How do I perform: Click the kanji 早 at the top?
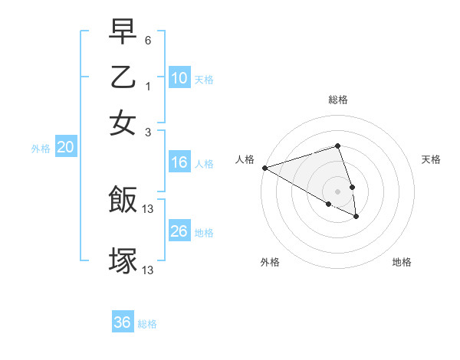click(x=123, y=32)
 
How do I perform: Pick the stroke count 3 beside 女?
click(x=148, y=131)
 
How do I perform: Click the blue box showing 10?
click(x=179, y=78)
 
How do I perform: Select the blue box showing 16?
click(x=179, y=162)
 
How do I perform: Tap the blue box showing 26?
click(x=179, y=231)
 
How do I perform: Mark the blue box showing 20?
click(x=65, y=148)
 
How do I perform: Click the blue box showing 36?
click(x=122, y=322)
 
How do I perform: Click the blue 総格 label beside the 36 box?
click(x=147, y=324)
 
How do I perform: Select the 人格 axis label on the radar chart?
click(x=245, y=159)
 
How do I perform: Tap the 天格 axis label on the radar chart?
click(x=431, y=159)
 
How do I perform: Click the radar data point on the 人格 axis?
click(x=264, y=168)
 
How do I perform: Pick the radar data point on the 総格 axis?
click(x=337, y=146)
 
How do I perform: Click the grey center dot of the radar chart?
click(x=337, y=191)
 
